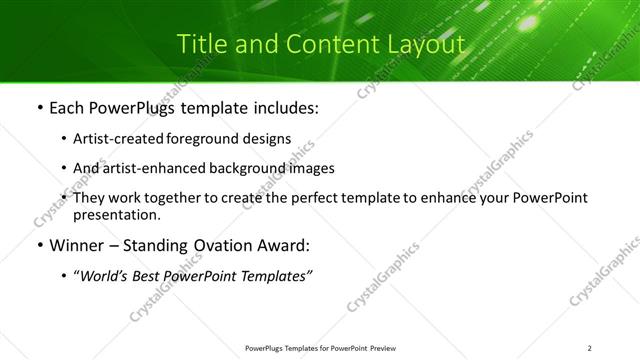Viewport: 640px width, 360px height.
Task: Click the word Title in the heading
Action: point(200,45)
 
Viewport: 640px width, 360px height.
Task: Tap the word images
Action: point(311,169)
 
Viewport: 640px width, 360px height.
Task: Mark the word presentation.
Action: point(116,214)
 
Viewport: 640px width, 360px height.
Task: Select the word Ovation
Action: point(234,245)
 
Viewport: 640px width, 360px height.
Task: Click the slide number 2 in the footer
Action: point(590,348)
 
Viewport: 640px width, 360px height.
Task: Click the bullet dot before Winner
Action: point(38,246)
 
